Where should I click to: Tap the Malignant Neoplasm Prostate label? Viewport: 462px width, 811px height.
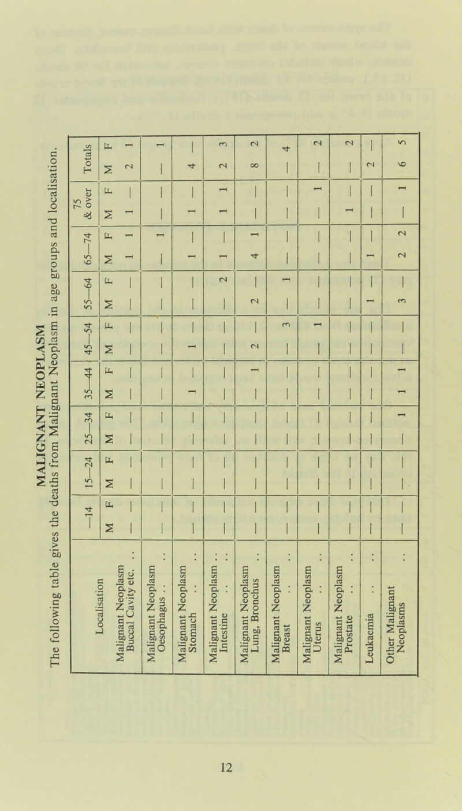click(344, 606)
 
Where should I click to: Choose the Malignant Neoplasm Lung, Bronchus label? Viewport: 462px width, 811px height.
click(251, 606)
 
